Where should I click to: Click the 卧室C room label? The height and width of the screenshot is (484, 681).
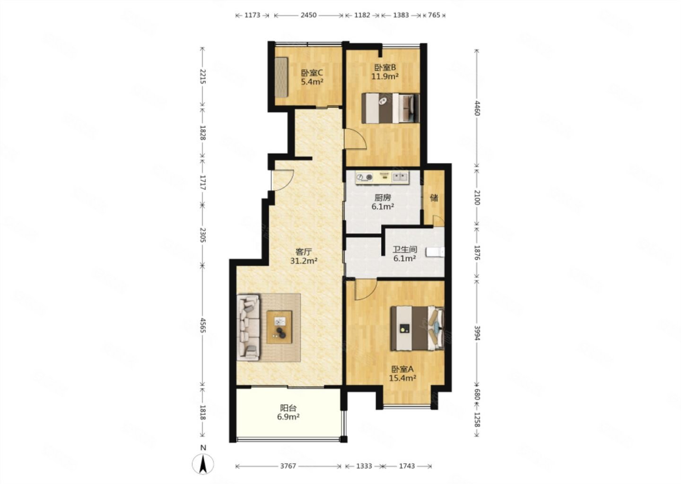tap(312, 73)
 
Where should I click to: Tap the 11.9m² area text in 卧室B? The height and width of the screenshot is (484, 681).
tap(384, 76)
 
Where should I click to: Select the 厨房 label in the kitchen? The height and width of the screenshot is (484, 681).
tap(383, 198)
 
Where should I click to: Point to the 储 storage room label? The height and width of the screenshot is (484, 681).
tap(434, 198)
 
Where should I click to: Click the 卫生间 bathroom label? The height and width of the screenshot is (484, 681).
tap(404, 250)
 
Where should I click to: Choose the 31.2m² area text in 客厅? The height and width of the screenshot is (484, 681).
tap(304, 261)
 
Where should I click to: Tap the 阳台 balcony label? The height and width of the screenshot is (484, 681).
tap(288, 408)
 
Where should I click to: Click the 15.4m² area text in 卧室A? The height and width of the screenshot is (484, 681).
tap(402, 378)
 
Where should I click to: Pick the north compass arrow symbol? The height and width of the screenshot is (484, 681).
tap(203, 464)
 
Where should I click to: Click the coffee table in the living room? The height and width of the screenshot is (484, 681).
tap(279, 327)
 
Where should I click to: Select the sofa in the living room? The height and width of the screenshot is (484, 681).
tap(249, 327)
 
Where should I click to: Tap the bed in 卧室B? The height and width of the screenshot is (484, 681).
tap(390, 108)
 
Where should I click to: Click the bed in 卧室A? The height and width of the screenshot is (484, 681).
tap(417, 328)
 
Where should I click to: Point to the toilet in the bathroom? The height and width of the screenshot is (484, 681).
tap(435, 252)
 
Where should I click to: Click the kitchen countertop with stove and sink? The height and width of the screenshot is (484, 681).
tap(383, 177)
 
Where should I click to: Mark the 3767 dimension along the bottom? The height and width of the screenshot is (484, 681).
tap(288, 466)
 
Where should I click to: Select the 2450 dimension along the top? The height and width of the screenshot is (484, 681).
tap(308, 15)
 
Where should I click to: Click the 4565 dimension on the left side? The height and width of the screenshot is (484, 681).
tap(203, 325)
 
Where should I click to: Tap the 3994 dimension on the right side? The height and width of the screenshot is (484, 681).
tap(477, 333)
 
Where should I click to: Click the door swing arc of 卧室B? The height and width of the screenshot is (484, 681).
tap(359, 138)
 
